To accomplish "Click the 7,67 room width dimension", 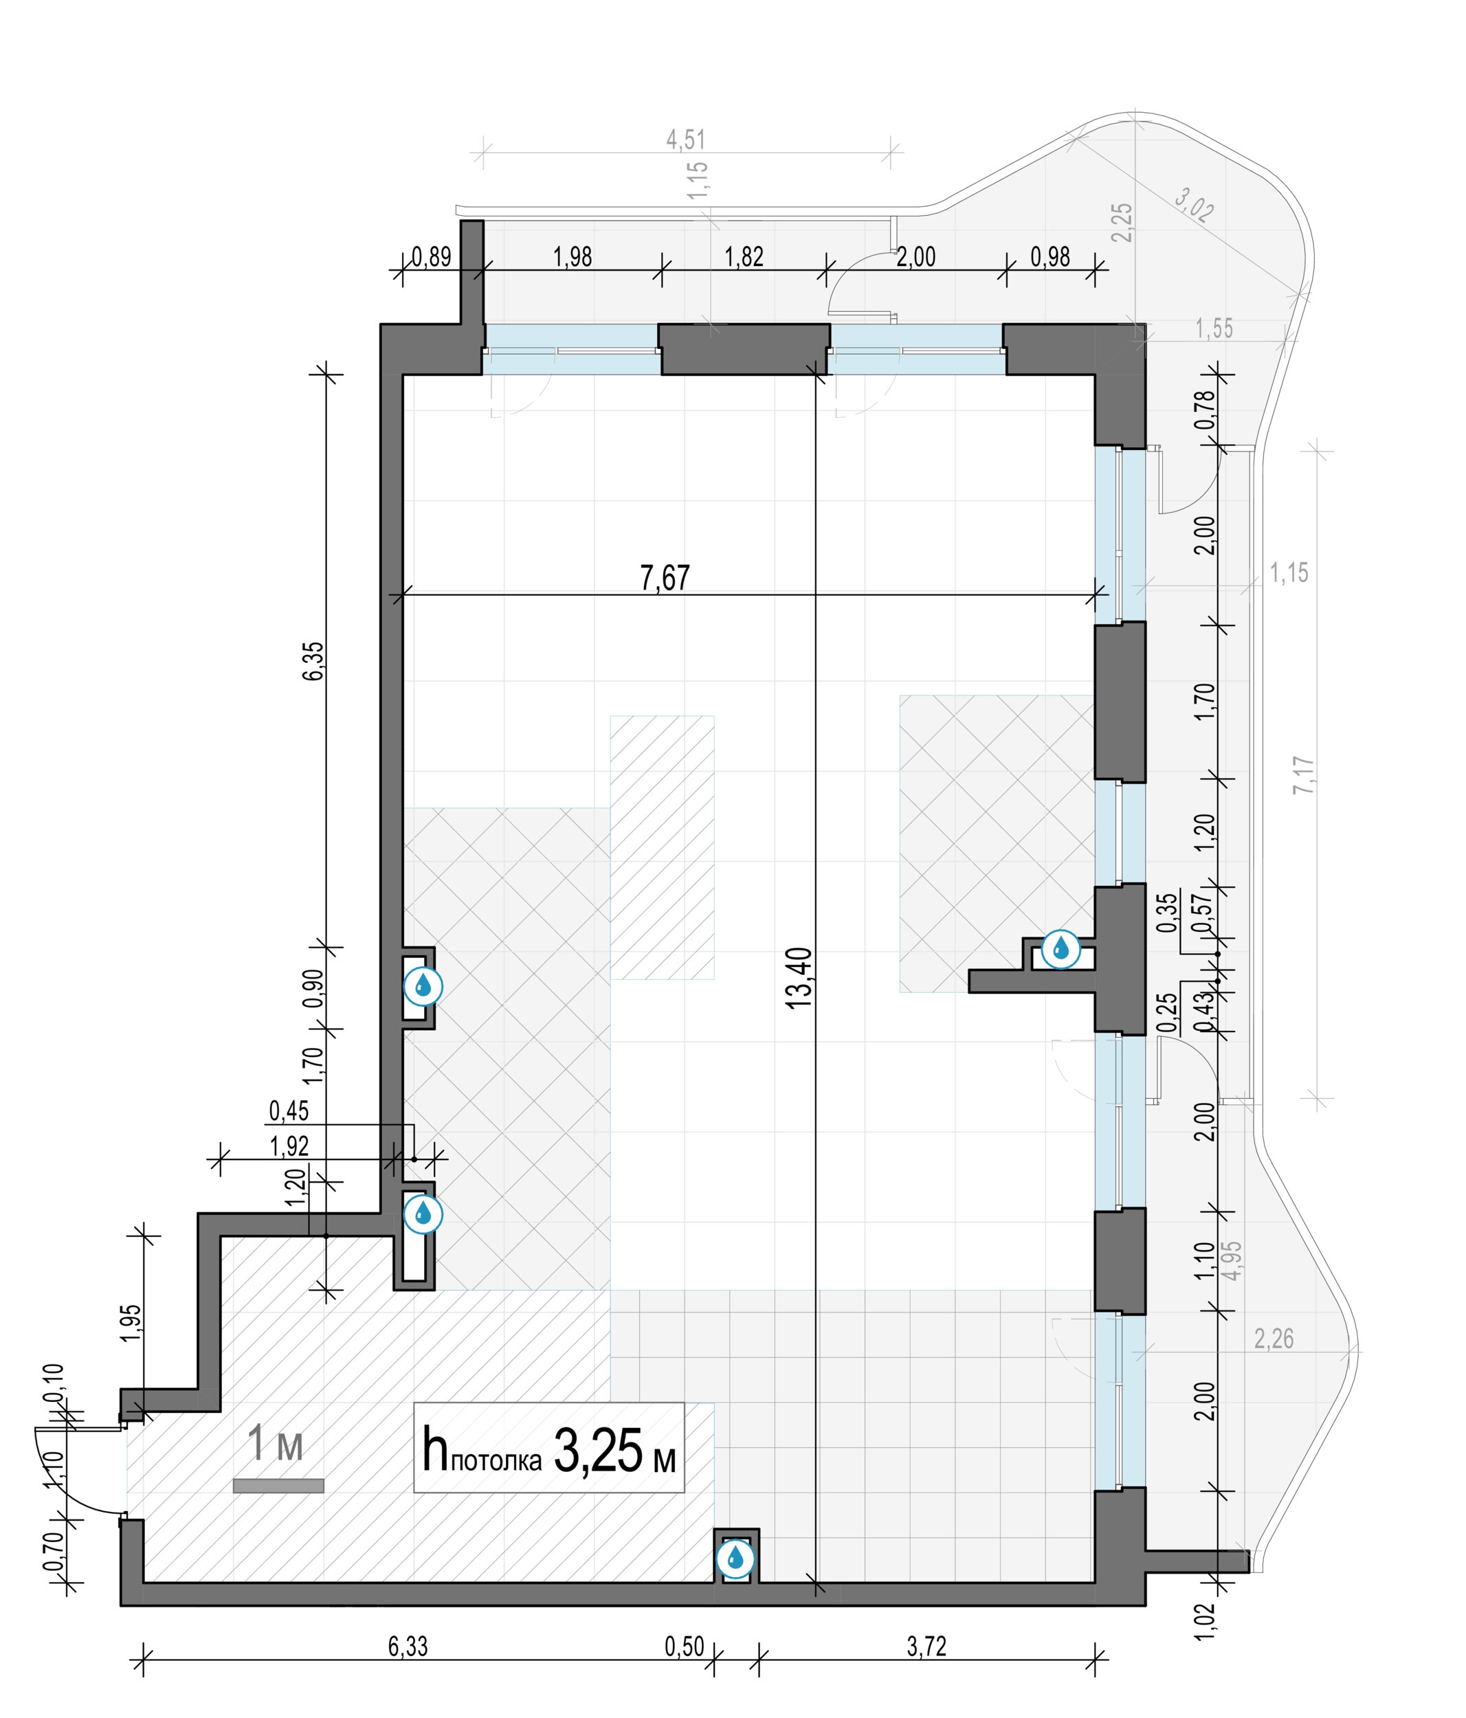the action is [664, 578].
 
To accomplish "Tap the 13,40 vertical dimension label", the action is [798, 979].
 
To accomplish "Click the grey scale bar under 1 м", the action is [278, 1486].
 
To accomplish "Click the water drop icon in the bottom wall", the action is [735, 1558].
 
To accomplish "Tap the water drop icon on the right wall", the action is [1060, 948].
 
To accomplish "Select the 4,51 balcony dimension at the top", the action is [686, 140].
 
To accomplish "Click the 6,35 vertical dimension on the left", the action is [313, 661].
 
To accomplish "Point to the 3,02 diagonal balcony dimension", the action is [1194, 204].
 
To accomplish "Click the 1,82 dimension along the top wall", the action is [744, 257].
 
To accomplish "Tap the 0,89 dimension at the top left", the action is [431, 257].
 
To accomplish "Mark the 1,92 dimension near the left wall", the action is [289, 1146].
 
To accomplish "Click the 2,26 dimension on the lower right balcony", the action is [1274, 1338].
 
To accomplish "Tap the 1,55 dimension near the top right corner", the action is [1214, 328].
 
